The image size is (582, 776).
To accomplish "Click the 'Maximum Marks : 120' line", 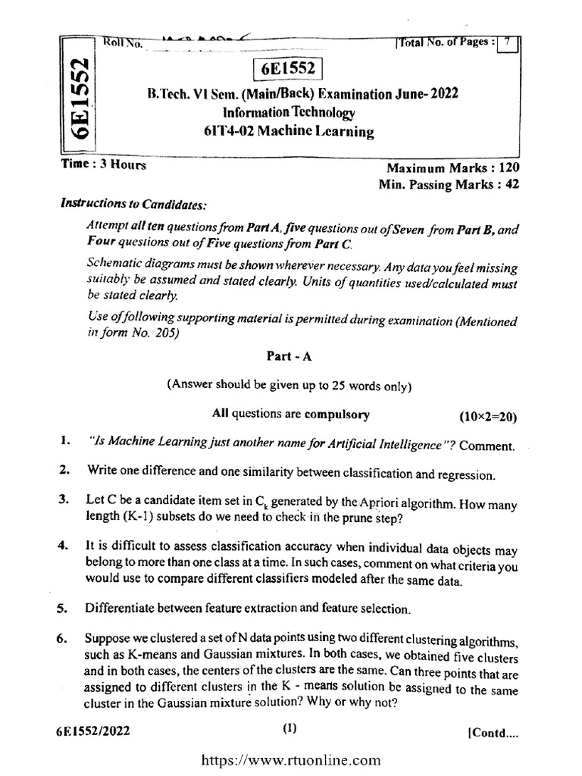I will [x=453, y=168].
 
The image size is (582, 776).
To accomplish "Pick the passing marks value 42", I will [x=512, y=183].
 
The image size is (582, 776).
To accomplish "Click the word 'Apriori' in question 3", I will [x=383, y=501].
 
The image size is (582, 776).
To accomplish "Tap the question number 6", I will [x=63, y=638].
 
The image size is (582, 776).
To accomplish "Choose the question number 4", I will [x=63, y=546].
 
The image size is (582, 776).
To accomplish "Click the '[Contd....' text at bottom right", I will [x=494, y=734].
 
